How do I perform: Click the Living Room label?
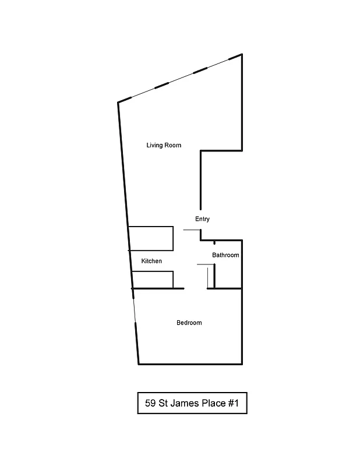tap(164, 145)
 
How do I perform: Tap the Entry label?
tap(202, 219)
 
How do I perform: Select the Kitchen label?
tap(151, 261)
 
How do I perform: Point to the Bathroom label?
tap(225, 255)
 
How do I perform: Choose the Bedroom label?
tap(189, 323)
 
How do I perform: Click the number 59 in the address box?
tap(150, 403)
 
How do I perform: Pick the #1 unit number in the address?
tap(237, 403)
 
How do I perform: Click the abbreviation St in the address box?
tap(165, 403)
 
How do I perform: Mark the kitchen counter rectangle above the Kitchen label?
tap(151, 238)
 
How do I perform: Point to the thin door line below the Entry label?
tap(192, 230)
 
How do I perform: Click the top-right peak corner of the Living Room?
tap(242, 54)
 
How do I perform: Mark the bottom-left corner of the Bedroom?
tap(139, 364)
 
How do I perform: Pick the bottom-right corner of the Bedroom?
tap(242, 364)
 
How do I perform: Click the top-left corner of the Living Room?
tap(118, 103)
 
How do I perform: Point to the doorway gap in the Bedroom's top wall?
tap(196, 288)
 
